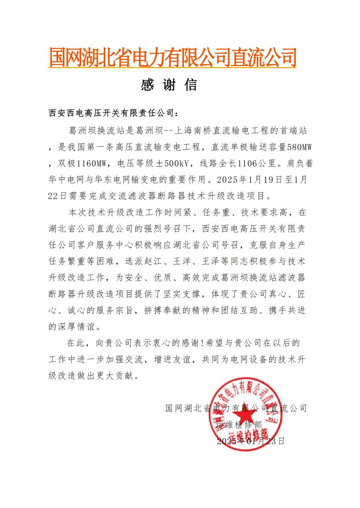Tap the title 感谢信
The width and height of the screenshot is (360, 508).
click(169, 85)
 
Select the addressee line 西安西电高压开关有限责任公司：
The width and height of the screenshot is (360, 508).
click(113, 113)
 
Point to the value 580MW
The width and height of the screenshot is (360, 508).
click(300, 148)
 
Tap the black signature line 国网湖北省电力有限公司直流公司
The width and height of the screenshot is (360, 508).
click(236, 408)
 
